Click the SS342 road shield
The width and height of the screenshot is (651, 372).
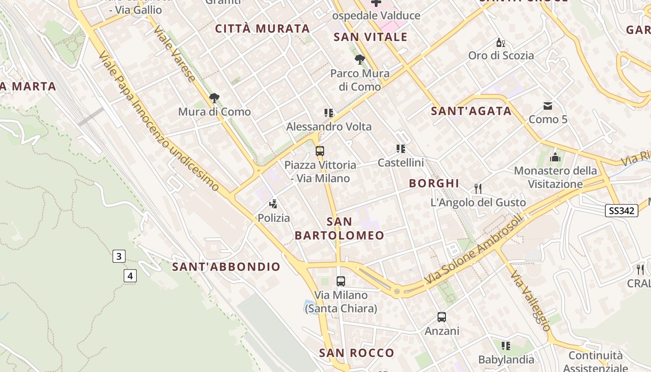622,211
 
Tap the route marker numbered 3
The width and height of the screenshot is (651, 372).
119,256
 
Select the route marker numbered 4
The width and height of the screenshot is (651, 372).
130,276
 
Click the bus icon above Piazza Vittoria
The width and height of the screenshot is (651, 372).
319,151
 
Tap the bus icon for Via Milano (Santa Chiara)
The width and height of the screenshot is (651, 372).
341,281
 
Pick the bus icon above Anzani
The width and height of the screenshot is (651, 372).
442,317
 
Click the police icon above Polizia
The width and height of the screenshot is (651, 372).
273,204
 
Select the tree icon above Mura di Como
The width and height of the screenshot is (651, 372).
214,98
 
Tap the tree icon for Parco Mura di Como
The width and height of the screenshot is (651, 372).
359,59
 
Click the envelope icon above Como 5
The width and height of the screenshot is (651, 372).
548,106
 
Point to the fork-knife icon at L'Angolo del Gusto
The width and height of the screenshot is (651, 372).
478,188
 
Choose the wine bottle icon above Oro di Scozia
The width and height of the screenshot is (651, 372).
500,42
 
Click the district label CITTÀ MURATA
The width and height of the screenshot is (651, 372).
262,29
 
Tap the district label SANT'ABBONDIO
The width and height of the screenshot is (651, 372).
226,266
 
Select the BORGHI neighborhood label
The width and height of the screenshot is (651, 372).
434,183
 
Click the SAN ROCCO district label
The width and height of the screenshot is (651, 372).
357,352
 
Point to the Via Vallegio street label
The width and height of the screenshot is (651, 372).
531,301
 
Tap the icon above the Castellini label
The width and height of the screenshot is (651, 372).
401,149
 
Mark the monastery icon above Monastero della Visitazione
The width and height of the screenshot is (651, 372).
555,157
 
